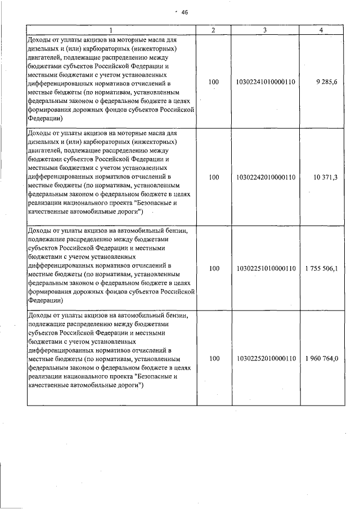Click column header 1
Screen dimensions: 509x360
click(x=111, y=30)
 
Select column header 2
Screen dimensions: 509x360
click(x=213, y=30)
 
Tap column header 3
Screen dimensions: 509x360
click(x=264, y=30)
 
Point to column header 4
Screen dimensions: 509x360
click(x=320, y=30)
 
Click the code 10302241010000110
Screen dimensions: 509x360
click(x=266, y=82)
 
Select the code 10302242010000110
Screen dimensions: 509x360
click(x=266, y=177)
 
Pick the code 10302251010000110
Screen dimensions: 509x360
click(x=266, y=269)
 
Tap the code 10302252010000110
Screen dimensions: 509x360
click(x=266, y=358)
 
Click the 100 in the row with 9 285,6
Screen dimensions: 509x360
click(x=213, y=82)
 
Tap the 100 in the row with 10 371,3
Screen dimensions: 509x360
click(x=213, y=177)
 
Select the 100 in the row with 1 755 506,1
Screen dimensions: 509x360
click(x=213, y=269)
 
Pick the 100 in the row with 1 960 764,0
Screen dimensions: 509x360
click(x=213, y=358)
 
